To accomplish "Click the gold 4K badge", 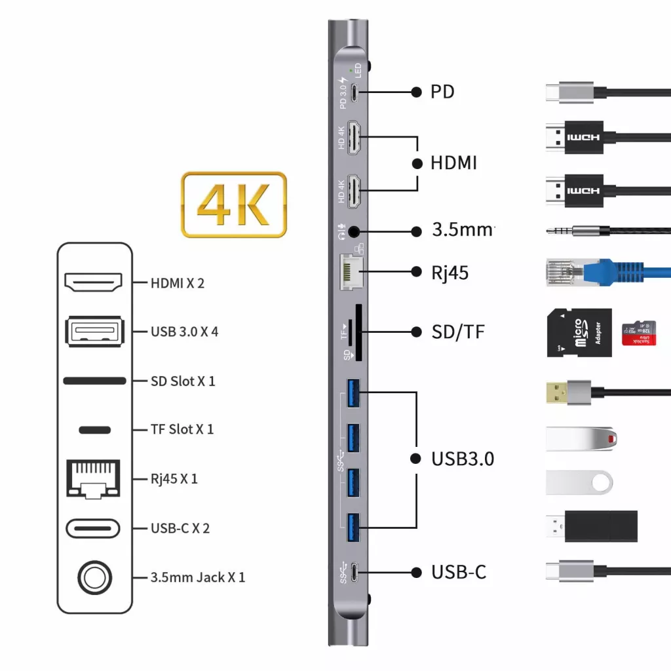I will point(234,204).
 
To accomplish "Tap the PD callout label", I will point(442,92).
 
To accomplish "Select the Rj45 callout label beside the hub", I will point(450,272).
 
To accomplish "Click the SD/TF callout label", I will point(457,332).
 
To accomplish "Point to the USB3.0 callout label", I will point(462,459).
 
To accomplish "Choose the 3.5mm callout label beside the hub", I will point(463,231).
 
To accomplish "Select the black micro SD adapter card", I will point(579,333).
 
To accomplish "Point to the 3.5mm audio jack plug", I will point(577,231).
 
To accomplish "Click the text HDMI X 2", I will point(178,283).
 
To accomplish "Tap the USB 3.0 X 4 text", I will point(184,332).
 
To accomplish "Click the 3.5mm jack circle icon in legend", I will point(95,577).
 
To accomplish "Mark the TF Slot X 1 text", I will point(182,430).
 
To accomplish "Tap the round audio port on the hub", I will point(355,231).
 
